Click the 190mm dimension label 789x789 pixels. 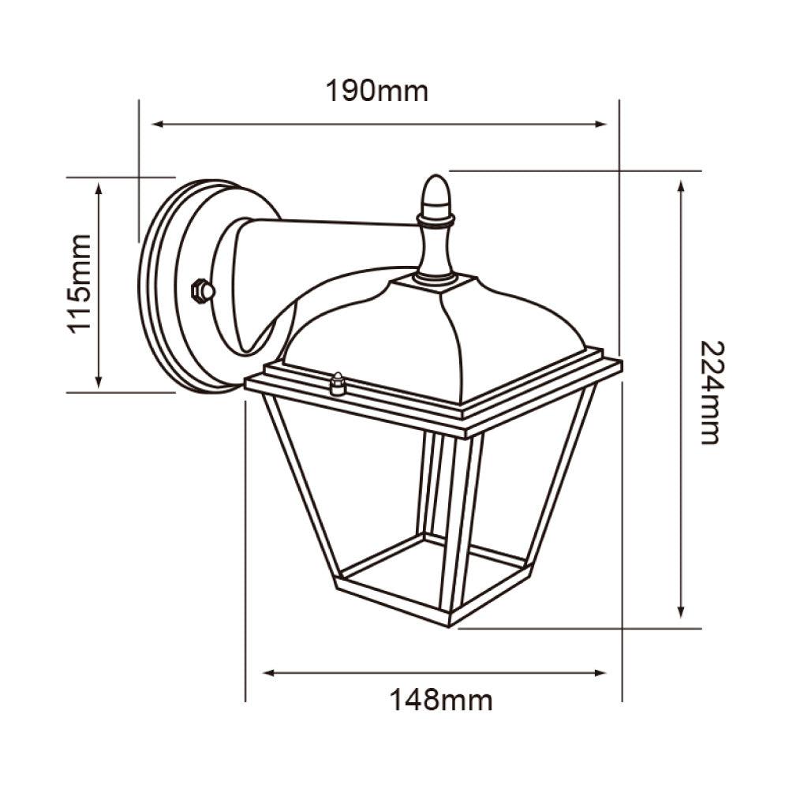coord(377,92)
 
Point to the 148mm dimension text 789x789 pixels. coord(440,699)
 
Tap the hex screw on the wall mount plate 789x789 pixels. coord(203,291)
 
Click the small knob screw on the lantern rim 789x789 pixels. coord(338,383)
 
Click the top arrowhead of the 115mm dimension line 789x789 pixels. coord(99,186)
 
